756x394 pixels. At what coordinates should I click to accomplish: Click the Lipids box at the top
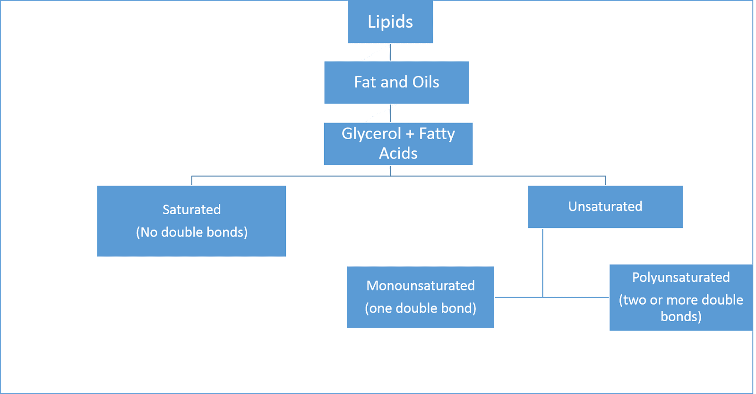point(390,22)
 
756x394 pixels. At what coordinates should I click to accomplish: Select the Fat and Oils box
point(396,82)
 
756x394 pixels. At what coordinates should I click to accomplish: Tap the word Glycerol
point(371,134)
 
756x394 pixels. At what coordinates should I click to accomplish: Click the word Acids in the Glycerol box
point(398,154)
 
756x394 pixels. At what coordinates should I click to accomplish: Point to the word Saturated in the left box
point(191,210)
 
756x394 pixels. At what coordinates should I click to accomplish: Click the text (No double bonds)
point(191,232)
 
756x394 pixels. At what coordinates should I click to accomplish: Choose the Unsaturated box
point(605,207)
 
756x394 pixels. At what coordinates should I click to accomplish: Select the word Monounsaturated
point(420,286)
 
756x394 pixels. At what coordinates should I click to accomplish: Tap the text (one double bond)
point(420,308)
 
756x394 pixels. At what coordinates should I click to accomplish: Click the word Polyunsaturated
point(680,277)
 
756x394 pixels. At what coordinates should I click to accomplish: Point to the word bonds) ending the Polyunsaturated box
point(680,316)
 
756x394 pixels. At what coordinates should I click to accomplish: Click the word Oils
point(425,82)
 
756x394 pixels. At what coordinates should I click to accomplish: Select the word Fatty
point(437,134)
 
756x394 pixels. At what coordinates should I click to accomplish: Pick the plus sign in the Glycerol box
point(410,134)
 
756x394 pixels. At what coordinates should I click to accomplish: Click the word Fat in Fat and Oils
point(365,82)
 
